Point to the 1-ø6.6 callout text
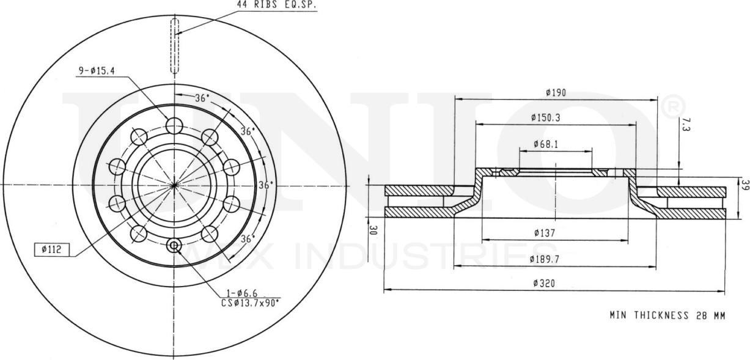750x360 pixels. tap(237, 293)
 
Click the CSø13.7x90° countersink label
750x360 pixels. tap(250, 302)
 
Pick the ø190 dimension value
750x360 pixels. tap(556, 93)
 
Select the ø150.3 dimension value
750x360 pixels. tap(546, 117)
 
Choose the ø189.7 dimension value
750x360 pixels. tap(546, 260)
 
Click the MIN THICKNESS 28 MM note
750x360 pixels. tap(667, 316)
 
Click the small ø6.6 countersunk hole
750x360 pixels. tap(174, 246)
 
